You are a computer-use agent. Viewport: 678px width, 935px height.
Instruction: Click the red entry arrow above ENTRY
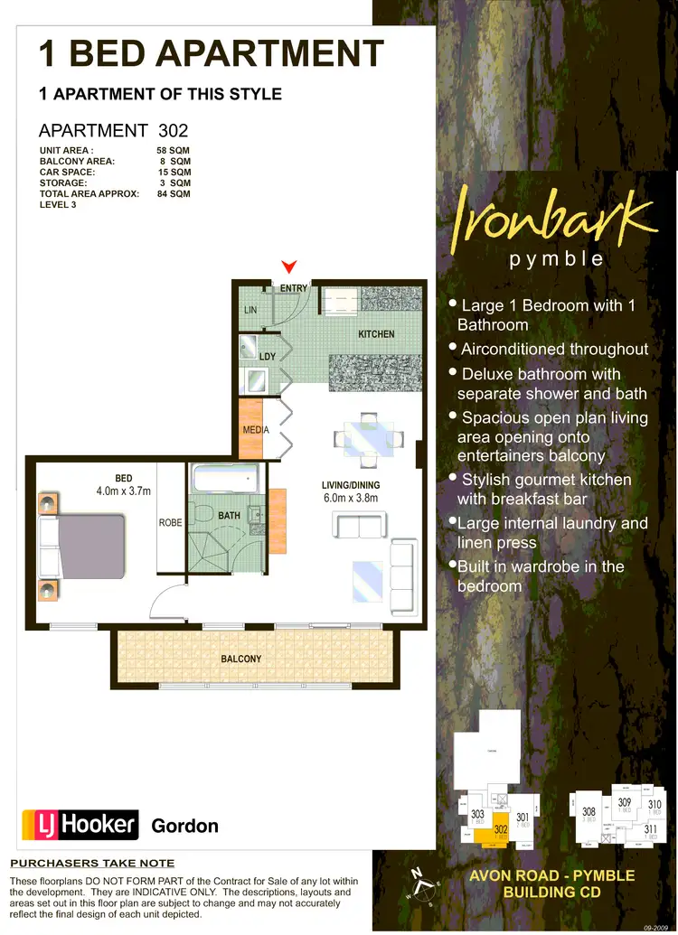[x=289, y=266]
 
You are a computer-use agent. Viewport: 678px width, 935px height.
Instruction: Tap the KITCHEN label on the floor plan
[x=376, y=334]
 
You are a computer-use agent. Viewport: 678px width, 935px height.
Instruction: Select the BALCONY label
[x=241, y=659]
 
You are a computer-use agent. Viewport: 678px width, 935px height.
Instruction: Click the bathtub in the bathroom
[x=224, y=479]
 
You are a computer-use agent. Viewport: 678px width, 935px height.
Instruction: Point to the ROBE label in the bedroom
[x=171, y=522]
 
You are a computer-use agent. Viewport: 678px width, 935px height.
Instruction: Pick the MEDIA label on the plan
[x=256, y=430]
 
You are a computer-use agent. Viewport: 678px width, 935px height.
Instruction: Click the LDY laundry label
[x=267, y=357]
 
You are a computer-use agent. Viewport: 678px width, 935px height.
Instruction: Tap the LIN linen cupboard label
[x=251, y=310]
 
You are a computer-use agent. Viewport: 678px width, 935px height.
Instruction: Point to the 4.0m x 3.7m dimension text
[x=123, y=491]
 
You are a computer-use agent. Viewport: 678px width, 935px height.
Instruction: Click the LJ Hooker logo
[x=80, y=824]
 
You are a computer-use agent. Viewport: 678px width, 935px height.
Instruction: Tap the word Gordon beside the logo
[x=184, y=826]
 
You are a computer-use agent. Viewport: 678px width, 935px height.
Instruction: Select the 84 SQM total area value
[x=174, y=193]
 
